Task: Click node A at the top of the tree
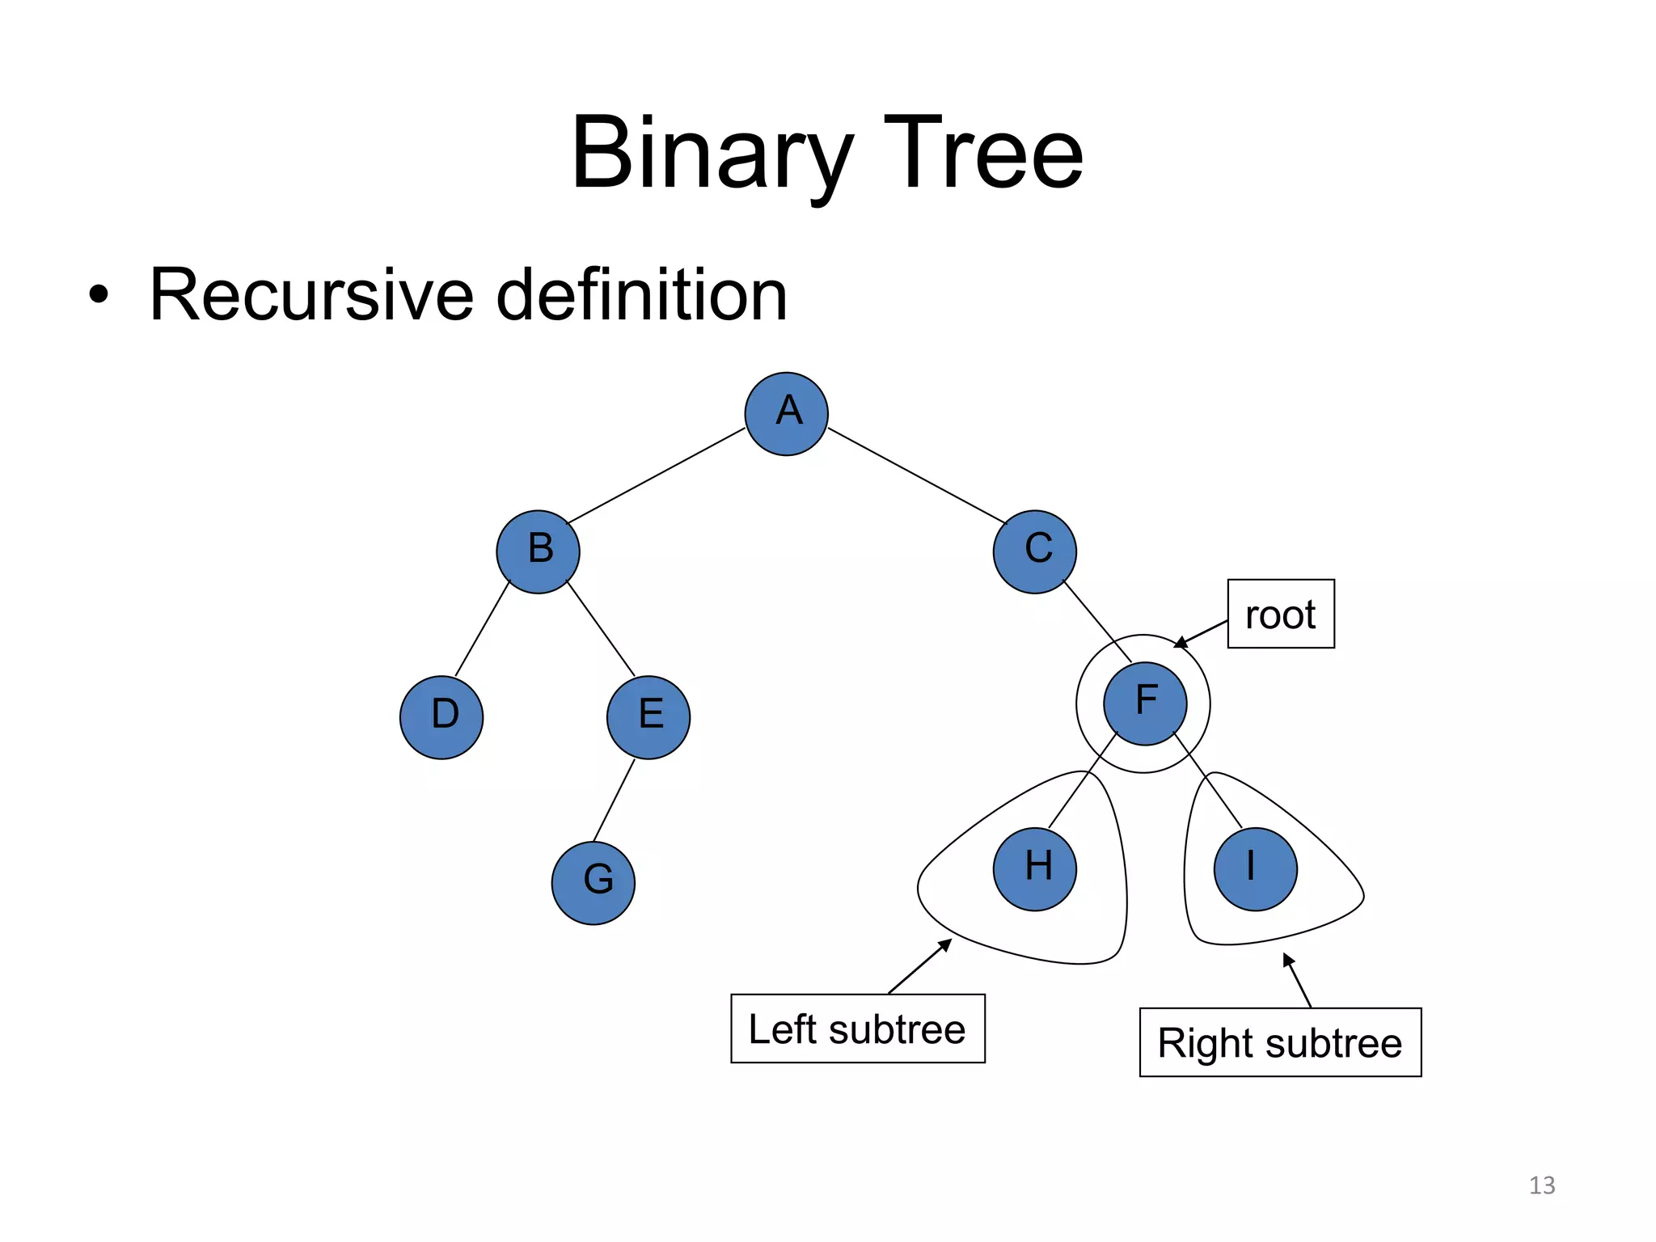click(786, 414)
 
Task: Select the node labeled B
click(538, 551)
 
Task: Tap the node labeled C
click(1034, 551)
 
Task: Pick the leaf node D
click(441, 717)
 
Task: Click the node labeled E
click(648, 717)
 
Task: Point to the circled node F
click(1144, 703)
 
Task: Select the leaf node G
click(593, 883)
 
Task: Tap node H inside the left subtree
click(1034, 869)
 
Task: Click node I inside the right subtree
click(1255, 869)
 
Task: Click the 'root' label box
click(1280, 614)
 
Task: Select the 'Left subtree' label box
click(857, 1029)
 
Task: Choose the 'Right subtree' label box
click(1279, 1042)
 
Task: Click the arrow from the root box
click(1202, 634)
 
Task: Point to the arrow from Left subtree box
click(920, 966)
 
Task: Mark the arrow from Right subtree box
click(1297, 981)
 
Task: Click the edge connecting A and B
click(656, 475)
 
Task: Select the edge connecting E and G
click(614, 801)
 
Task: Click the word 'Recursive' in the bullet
click(311, 295)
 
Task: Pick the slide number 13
click(1541, 1185)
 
